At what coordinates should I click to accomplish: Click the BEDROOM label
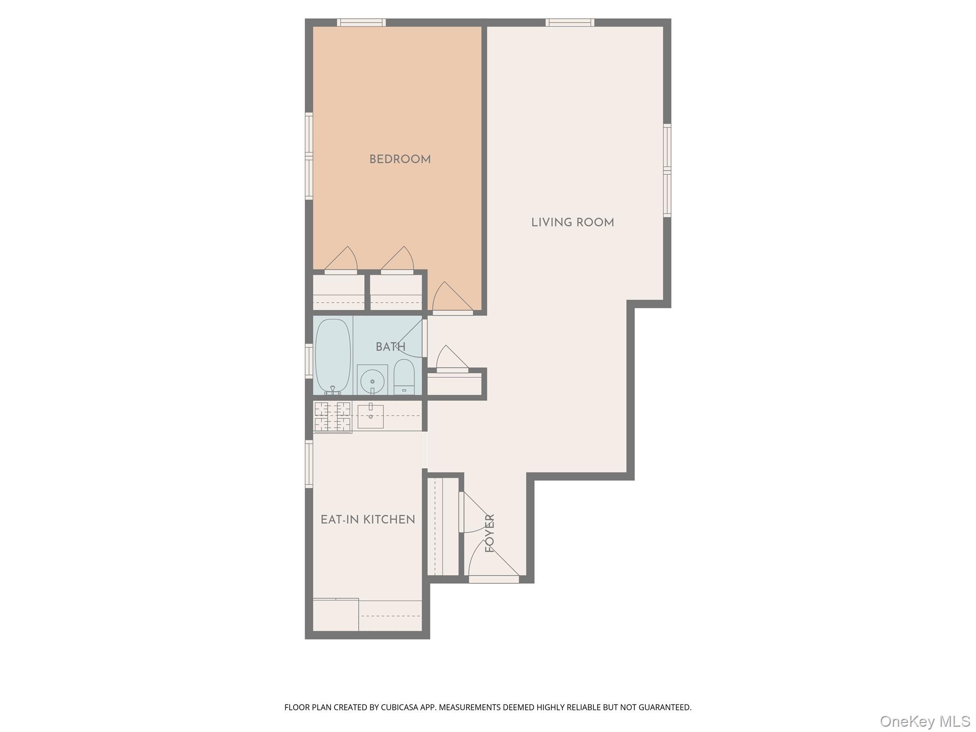pyautogui.click(x=400, y=159)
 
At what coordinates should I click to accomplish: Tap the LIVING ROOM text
pyautogui.click(x=572, y=223)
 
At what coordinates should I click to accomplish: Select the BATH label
pyautogui.click(x=390, y=347)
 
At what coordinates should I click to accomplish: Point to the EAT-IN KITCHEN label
pyautogui.click(x=367, y=519)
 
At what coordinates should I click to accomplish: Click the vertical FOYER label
pyautogui.click(x=490, y=533)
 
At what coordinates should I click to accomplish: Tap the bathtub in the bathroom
pyautogui.click(x=333, y=355)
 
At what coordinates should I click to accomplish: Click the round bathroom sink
pyautogui.click(x=372, y=381)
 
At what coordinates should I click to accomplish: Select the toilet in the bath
pyautogui.click(x=404, y=376)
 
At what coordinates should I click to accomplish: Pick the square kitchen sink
pyautogui.click(x=370, y=417)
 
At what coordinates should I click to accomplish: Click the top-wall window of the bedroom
pyautogui.click(x=361, y=22)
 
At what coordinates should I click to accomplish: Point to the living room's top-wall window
pyautogui.click(x=569, y=22)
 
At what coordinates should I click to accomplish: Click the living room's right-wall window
pyautogui.click(x=667, y=170)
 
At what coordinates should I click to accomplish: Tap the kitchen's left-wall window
pyautogui.click(x=309, y=464)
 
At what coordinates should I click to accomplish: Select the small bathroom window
pyautogui.click(x=309, y=361)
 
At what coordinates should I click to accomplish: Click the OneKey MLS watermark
pyautogui.click(x=925, y=721)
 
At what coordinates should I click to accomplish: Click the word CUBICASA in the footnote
pyautogui.click(x=399, y=707)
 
